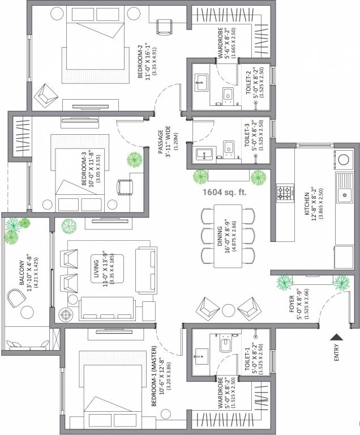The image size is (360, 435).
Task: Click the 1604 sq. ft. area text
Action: point(225,192)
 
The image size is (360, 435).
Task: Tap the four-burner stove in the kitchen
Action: point(284,194)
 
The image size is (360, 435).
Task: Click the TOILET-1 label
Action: point(250,357)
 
